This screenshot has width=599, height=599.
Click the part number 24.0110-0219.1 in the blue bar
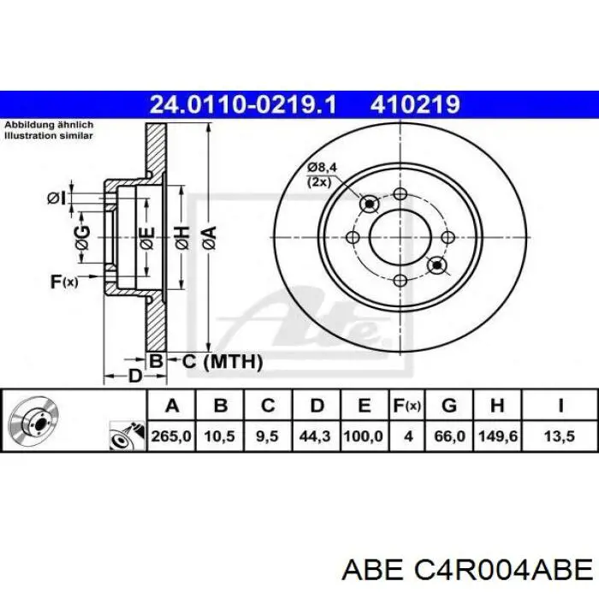(243, 104)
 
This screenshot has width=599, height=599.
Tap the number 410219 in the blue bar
(415, 104)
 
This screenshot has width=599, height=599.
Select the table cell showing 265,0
(171, 436)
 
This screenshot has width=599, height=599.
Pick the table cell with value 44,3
(316, 436)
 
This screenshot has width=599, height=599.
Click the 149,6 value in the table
(497, 436)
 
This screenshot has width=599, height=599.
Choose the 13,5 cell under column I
(560, 436)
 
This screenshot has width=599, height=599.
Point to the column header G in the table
(449, 405)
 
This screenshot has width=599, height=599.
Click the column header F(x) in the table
(407, 405)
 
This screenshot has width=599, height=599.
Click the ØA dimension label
(210, 238)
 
